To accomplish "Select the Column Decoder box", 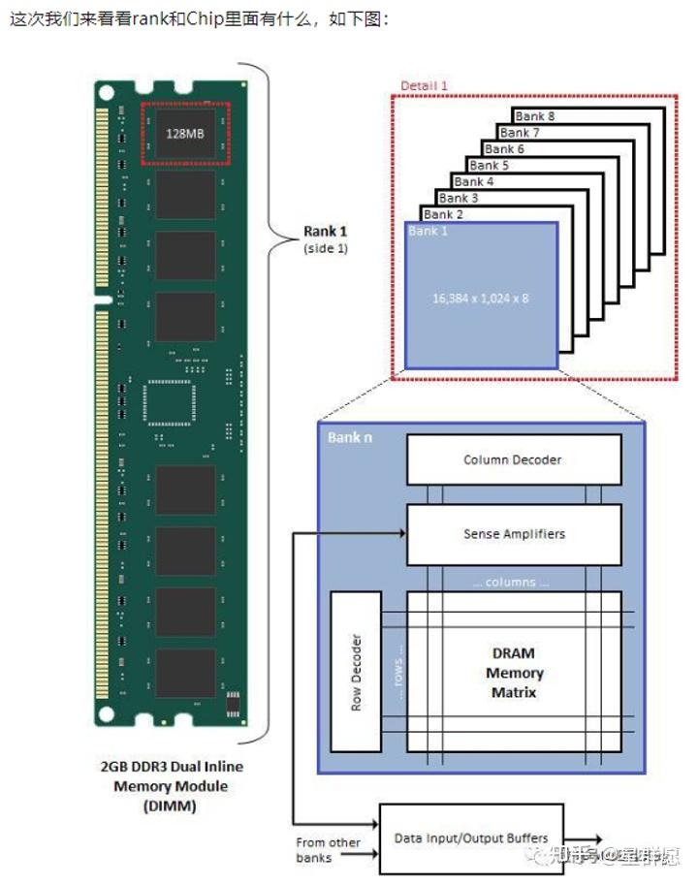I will [x=513, y=459].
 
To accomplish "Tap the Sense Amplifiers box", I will [x=513, y=534].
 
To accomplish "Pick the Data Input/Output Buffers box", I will [x=471, y=838].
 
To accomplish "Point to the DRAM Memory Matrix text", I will [x=514, y=673].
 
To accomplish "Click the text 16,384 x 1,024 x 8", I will [x=481, y=298].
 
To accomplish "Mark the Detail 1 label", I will [x=425, y=85].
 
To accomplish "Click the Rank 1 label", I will [x=326, y=231].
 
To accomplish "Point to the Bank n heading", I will [x=350, y=437].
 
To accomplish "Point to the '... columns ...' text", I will [x=510, y=583].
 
